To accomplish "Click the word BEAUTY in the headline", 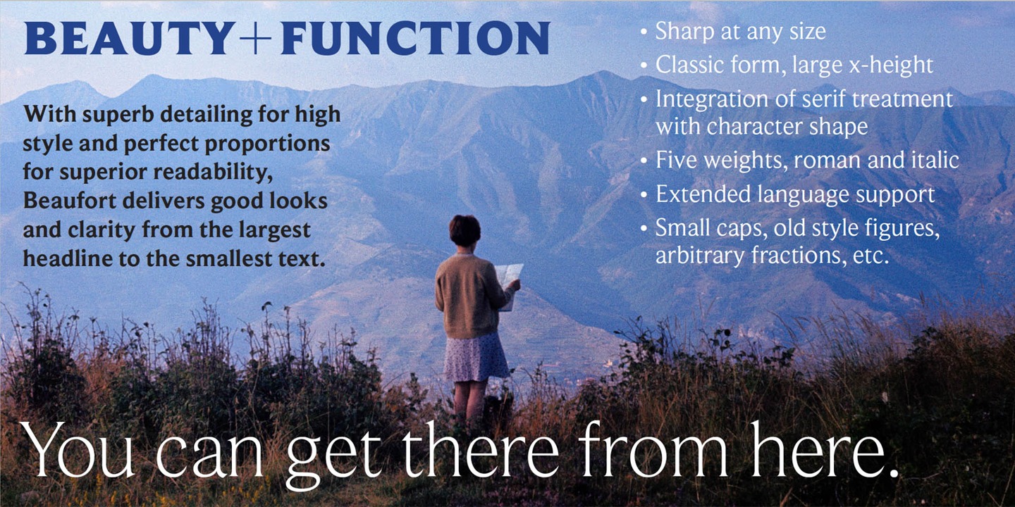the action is [130, 38].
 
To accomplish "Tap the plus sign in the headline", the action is [255, 39].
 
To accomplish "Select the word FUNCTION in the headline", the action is [414, 38].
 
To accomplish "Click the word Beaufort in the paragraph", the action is [69, 201].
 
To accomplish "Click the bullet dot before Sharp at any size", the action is [644, 32].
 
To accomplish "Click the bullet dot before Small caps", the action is [644, 228].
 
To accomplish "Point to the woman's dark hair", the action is [465, 230].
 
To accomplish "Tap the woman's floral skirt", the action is [476, 357].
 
